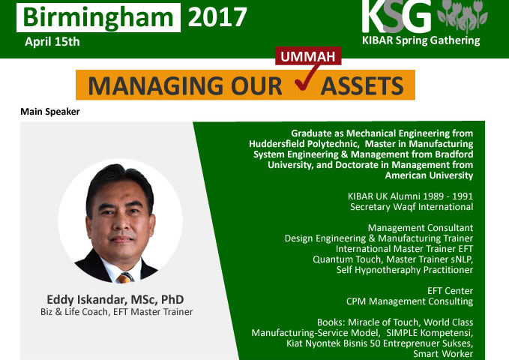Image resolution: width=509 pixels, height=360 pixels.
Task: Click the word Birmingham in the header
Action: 98,17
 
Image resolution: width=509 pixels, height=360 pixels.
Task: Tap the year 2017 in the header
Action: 217,17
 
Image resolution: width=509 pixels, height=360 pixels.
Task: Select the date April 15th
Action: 52,42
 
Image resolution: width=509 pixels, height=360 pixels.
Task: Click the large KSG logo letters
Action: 397,16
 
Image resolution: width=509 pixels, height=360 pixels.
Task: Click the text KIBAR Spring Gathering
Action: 421,40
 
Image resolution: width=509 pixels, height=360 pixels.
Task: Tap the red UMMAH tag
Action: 308,56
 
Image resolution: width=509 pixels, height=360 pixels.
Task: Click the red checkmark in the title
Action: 306,77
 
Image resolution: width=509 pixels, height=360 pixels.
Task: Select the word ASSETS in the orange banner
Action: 362,85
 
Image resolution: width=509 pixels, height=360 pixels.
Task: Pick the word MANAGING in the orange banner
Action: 156,85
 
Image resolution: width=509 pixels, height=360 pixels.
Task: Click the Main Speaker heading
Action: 50,112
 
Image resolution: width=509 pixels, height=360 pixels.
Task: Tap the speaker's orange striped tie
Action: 124,277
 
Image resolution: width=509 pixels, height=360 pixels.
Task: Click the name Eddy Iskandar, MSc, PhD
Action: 115,299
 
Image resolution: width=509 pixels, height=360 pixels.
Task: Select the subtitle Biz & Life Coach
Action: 74,312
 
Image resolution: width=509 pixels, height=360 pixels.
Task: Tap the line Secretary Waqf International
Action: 412,207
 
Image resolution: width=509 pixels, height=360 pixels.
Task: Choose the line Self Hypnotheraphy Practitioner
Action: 405,270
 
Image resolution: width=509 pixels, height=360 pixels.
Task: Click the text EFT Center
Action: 450,291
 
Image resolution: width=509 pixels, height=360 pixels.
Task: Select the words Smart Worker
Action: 443,353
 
